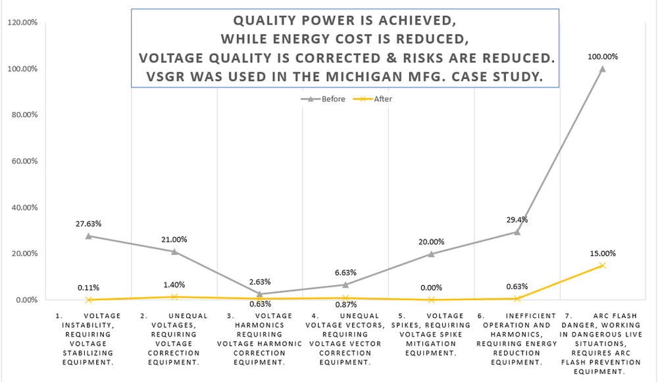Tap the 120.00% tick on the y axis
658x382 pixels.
(23, 23)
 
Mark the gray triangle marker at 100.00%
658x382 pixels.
(602, 68)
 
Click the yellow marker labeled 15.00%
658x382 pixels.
(602, 265)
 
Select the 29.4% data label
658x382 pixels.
(517, 220)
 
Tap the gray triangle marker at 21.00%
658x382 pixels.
(174, 251)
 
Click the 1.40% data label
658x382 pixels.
(174, 285)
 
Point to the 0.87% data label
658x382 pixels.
(345, 304)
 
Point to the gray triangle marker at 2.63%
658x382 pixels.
(260, 294)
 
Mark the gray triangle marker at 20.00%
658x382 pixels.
(431, 254)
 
